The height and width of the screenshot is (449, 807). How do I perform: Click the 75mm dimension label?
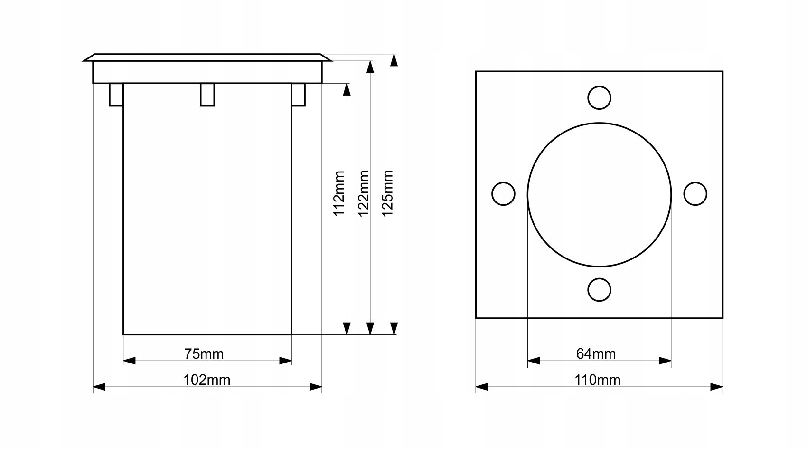click(204, 353)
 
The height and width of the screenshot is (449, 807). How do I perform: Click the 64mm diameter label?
click(596, 353)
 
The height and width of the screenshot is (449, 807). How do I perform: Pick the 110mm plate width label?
click(597, 380)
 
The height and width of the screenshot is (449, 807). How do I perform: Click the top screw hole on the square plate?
click(599, 98)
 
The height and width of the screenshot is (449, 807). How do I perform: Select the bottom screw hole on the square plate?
click(599, 290)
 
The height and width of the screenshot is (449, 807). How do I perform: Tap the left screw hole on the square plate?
click(503, 194)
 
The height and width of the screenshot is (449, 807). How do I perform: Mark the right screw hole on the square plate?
click(695, 194)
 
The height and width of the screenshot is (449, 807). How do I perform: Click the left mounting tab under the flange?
click(116, 95)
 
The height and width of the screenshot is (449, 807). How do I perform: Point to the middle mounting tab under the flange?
click(207, 95)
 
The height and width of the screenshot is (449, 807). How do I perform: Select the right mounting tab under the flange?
click(298, 95)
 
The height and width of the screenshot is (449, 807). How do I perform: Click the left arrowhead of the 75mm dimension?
click(130, 361)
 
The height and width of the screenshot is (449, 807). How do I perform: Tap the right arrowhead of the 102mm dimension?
click(316, 387)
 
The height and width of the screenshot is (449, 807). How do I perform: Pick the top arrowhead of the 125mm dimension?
click(394, 61)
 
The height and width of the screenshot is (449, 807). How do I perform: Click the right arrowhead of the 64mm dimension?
click(665, 361)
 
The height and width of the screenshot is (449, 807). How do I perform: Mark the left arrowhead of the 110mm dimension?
click(482, 387)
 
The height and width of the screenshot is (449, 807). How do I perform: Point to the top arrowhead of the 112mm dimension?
click(347, 90)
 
